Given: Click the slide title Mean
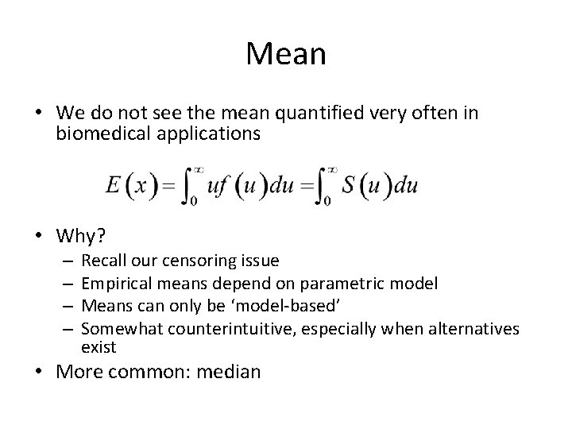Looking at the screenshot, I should [x=286, y=54].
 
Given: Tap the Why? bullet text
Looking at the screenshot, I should [x=81, y=236].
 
